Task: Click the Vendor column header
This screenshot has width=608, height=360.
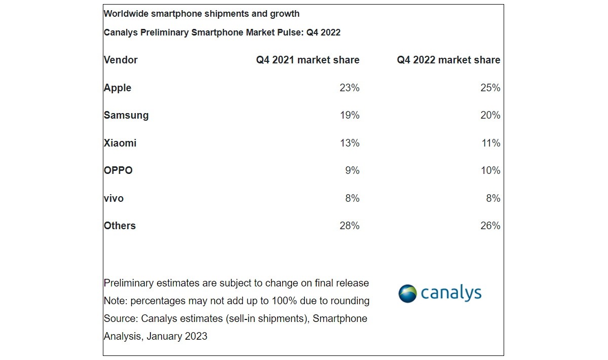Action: tap(121, 60)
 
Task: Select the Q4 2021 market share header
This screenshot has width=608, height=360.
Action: tap(308, 60)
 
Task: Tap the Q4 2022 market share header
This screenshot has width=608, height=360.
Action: tap(448, 60)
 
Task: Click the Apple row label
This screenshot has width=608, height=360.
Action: tap(118, 88)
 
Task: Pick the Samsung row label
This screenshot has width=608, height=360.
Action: tap(126, 115)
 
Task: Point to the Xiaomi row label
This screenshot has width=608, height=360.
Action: tap(120, 143)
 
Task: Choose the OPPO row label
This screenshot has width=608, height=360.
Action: tap(118, 170)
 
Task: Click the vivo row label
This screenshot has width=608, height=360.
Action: tap(113, 198)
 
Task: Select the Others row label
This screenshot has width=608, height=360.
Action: tap(120, 226)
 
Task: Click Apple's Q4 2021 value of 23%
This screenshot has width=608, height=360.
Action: tap(349, 88)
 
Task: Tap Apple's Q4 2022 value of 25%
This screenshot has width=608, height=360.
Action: tap(490, 88)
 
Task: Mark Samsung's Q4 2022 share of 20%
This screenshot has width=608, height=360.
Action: tap(490, 115)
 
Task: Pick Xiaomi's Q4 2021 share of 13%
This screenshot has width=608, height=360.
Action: tap(349, 143)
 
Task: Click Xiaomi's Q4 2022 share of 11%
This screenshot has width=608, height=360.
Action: tap(490, 143)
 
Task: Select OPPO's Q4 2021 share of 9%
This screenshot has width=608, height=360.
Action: tap(352, 170)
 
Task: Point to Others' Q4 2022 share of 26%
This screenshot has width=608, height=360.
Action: tap(490, 226)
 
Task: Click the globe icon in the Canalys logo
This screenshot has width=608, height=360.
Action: tap(407, 294)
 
